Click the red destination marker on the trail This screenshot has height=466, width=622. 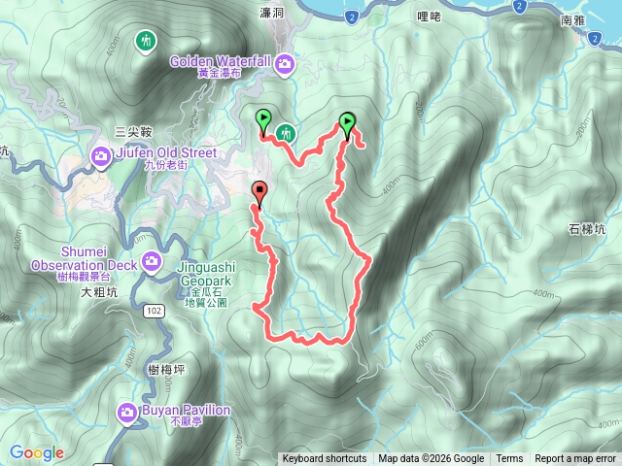259,192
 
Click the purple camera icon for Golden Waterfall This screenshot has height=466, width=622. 285,65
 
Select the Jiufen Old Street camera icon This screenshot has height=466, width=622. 101,156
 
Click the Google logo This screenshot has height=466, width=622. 37,452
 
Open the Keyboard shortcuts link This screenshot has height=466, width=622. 324,459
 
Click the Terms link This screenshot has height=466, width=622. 509,459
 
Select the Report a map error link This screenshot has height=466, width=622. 576,459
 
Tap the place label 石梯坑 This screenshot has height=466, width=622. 586,230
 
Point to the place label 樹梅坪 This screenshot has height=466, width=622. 168,368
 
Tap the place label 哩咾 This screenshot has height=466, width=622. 429,16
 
